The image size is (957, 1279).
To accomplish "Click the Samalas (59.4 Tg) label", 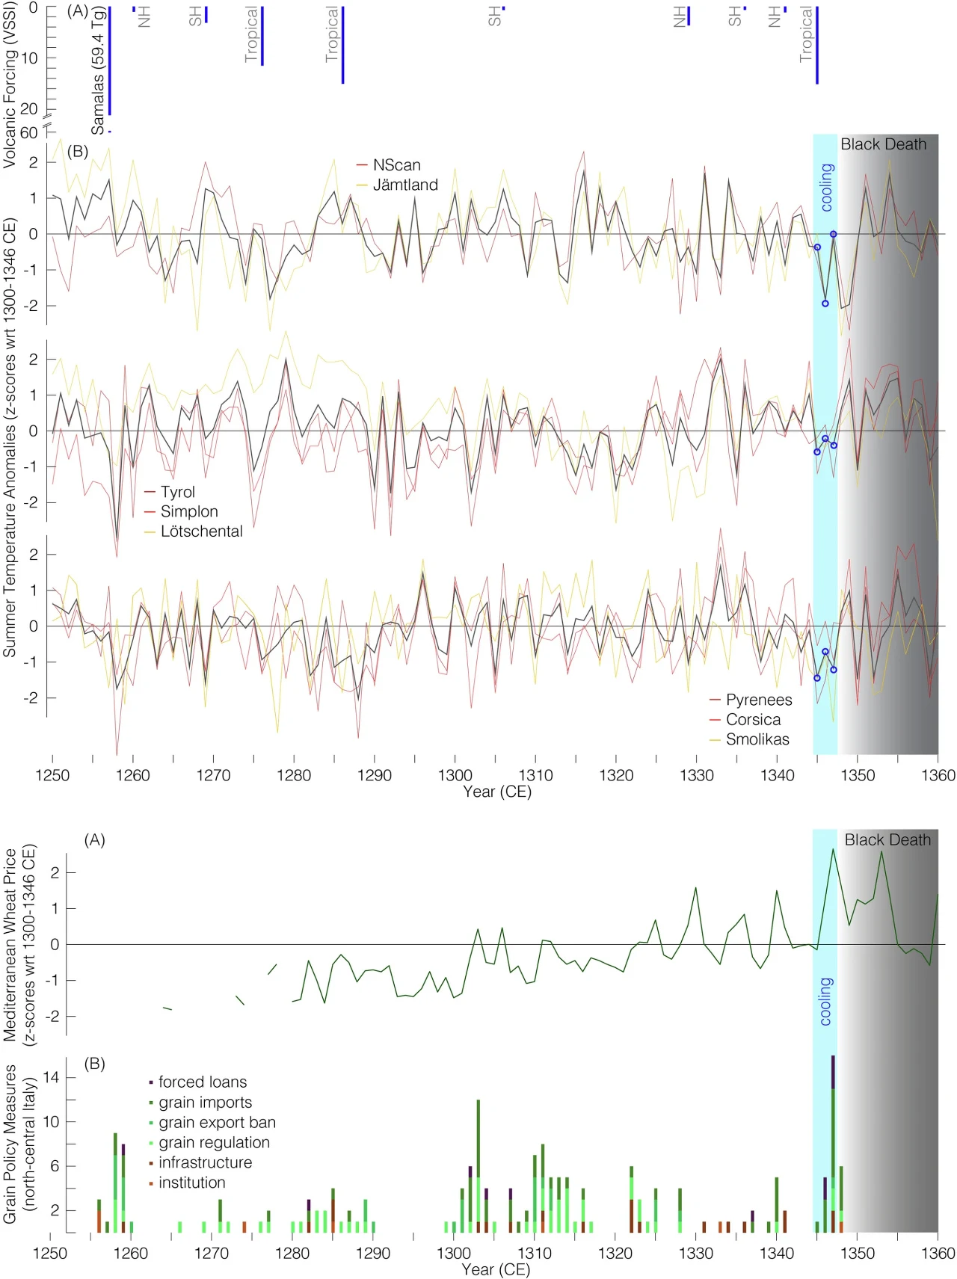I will (x=98, y=72).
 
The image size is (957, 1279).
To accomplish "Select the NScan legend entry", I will (x=396, y=165).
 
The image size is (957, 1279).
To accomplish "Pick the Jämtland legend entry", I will (x=405, y=185).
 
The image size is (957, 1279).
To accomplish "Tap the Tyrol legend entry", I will (x=177, y=492).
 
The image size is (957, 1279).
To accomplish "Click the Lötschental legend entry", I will (x=201, y=531).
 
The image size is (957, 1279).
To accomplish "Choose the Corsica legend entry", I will (x=753, y=720).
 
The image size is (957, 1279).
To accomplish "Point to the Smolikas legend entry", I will (x=757, y=739).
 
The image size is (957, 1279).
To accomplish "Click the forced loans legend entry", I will (x=202, y=1082).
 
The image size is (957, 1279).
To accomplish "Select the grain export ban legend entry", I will (x=217, y=1122).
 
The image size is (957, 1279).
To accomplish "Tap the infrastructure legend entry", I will (x=205, y=1162).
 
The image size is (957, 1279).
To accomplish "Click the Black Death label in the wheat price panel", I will (x=887, y=840).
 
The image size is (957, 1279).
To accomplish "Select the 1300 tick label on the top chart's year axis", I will (x=455, y=775).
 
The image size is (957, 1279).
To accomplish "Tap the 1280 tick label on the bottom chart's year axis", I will (x=292, y=1253).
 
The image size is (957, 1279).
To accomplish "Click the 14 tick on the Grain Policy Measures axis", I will (x=51, y=1077).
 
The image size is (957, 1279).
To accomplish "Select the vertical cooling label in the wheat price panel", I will (x=825, y=1001).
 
